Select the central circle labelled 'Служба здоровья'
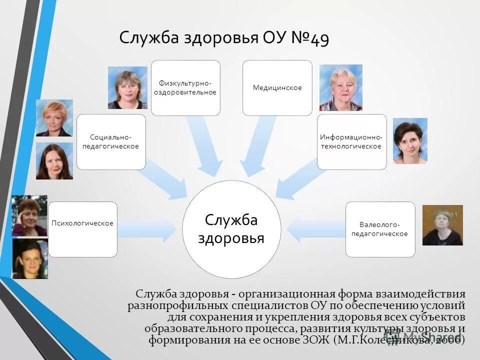[x=231, y=229]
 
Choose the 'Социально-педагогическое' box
[x=111, y=141]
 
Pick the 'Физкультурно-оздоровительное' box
[x=185, y=87]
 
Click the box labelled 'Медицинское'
[x=277, y=87]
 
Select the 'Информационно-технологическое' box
[x=351, y=141]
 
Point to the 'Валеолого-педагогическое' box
[x=380, y=229]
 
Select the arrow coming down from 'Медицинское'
[x=256, y=145]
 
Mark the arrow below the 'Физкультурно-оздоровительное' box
[x=205, y=145]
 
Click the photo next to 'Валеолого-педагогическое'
[x=442, y=225]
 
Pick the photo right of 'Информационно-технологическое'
[x=410, y=141]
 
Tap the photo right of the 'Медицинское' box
[x=340, y=87]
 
